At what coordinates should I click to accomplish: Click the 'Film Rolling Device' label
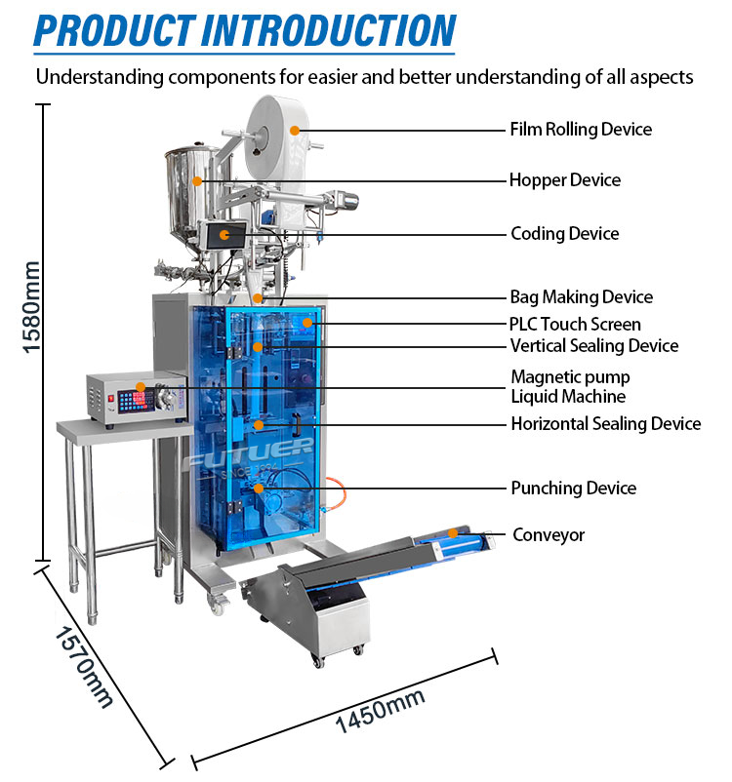pyautogui.click(x=581, y=129)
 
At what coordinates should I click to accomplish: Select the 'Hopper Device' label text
pyautogui.click(x=565, y=180)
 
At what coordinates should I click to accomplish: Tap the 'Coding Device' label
pyautogui.click(x=565, y=233)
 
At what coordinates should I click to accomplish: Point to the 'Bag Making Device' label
pyautogui.click(x=581, y=297)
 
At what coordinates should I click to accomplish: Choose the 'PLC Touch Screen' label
pyautogui.click(x=575, y=324)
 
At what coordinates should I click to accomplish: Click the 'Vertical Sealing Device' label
pyautogui.click(x=594, y=345)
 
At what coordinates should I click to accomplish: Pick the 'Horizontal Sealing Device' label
pyautogui.click(x=606, y=424)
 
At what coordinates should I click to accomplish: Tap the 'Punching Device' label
pyautogui.click(x=574, y=488)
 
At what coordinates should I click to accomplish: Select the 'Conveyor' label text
pyautogui.click(x=549, y=535)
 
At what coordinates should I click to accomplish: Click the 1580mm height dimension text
pyautogui.click(x=31, y=307)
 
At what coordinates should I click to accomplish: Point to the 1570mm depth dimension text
pyautogui.click(x=84, y=667)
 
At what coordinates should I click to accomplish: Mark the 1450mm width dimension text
pyautogui.click(x=380, y=710)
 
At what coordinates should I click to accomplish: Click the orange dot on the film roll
pyautogui.click(x=295, y=130)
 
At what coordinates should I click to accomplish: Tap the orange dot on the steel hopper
pyautogui.click(x=197, y=181)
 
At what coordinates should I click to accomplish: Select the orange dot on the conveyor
pyautogui.click(x=453, y=533)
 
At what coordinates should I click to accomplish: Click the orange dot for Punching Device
pyautogui.click(x=258, y=489)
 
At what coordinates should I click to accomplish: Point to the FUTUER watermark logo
pyautogui.click(x=249, y=452)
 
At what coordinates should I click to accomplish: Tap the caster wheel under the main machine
pyautogui.click(x=218, y=605)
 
